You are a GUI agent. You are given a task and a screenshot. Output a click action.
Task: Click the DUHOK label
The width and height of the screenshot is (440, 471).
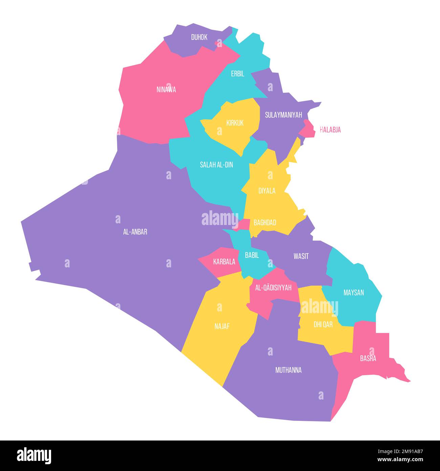coord(199,37)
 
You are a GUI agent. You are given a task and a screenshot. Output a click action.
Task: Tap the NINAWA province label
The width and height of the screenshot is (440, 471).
coord(166,90)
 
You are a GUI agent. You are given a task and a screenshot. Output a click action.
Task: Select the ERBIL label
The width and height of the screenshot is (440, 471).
coord(238,74)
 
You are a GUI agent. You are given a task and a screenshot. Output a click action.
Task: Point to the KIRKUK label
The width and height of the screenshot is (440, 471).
coord(235,123)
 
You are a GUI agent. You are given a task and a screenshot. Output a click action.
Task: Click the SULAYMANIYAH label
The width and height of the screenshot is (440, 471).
coord(283,115)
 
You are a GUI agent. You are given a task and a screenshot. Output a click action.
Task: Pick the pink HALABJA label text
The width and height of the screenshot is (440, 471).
coord(330,130)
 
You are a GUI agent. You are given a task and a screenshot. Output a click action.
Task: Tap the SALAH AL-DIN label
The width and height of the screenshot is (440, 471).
coord(216,165)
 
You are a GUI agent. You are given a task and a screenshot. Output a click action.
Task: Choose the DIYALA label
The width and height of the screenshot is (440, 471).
coord(267,191)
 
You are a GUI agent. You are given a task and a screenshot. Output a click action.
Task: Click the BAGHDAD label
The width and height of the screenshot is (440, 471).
coord(265,223)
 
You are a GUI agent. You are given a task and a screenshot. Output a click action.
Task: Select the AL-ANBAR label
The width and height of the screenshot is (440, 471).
coord(135,232)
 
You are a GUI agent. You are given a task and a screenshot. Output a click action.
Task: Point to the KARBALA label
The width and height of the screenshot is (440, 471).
coord(224,262)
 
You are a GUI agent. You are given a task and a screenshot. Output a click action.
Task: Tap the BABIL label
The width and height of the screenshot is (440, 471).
coord(252,255)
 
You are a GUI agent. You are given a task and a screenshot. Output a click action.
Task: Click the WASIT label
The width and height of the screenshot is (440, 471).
coord(301,256)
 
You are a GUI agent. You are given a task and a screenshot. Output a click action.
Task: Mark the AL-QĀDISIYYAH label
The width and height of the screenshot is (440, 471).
coord(273,288)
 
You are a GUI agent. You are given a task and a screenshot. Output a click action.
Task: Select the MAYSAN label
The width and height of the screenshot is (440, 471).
coord(353,292)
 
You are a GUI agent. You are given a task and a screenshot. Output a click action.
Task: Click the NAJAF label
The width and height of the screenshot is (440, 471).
coord(222,326)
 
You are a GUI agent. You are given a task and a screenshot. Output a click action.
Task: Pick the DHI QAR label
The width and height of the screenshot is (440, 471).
coord(323,325)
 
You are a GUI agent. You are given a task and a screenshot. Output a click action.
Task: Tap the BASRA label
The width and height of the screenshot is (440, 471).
coord(368,359)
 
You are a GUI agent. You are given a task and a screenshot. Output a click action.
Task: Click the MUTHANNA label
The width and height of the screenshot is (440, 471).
coord(288,370)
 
